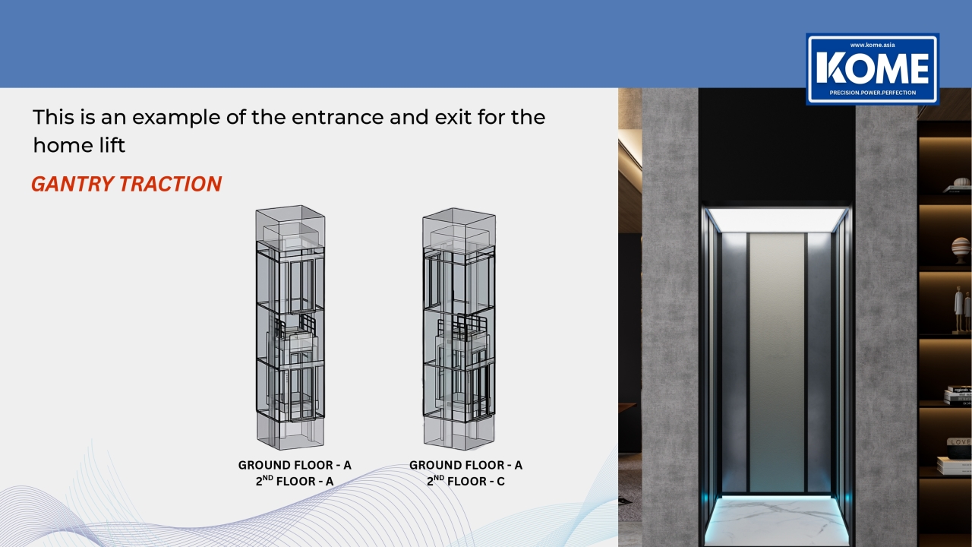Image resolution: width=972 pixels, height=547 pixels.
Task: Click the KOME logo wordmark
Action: pyautogui.click(x=873, y=68)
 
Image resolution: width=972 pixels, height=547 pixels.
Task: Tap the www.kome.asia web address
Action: pyautogui.click(x=873, y=45)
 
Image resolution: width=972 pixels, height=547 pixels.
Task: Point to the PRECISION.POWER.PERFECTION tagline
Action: pyautogui.click(x=873, y=93)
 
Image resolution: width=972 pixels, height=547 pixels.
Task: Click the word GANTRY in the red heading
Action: pyautogui.click(x=72, y=184)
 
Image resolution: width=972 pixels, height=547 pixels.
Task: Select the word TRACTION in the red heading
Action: pyautogui.click(x=171, y=184)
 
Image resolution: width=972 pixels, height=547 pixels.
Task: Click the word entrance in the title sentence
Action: pyautogui.click(x=338, y=117)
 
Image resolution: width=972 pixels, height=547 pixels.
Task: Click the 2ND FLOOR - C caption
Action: pyautogui.click(x=465, y=481)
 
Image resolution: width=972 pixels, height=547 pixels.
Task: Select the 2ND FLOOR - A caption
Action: pyautogui.click(x=295, y=481)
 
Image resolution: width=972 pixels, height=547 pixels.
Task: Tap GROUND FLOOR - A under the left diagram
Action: pyautogui.click(x=295, y=465)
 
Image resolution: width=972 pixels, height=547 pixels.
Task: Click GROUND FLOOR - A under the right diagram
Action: pyautogui.click(x=465, y=465)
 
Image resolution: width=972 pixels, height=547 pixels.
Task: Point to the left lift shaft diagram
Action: pyautogui.click(x=290, y=327)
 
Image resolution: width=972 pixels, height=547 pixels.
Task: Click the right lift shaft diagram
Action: pyautogui.click(x=459, y=329)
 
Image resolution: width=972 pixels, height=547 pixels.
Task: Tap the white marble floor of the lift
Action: pyautogui.click(x=776, y=520)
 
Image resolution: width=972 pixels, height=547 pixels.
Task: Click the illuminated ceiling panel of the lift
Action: pyautogui.click(x=776, y=220)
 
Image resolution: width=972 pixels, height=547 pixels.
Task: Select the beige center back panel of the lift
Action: pyautogui.click(x=777, y=362)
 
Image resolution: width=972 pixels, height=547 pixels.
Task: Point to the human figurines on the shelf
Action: pyautogui.click(x=962, y=311)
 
